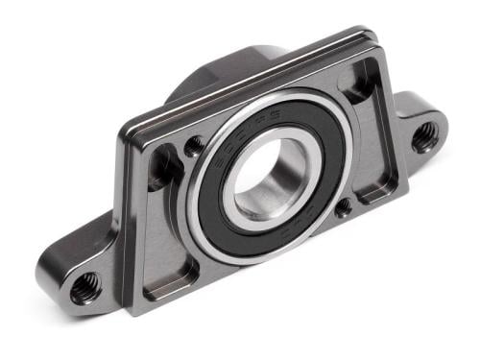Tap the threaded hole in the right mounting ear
(x=423, y=136)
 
